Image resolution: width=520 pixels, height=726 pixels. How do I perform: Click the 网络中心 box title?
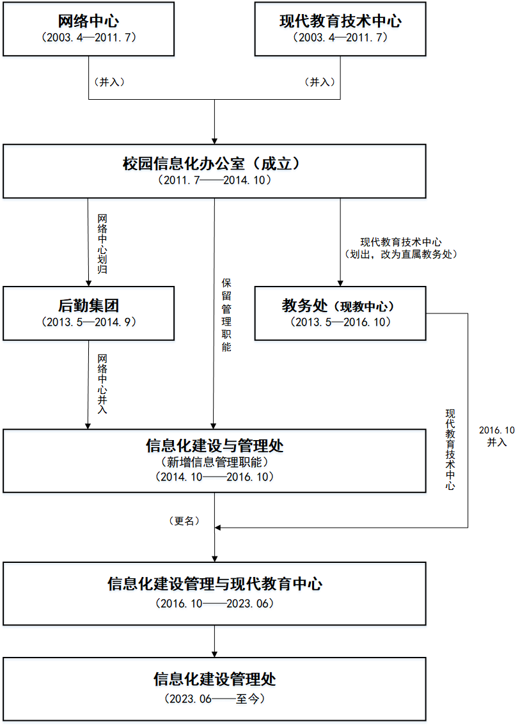(88, 20)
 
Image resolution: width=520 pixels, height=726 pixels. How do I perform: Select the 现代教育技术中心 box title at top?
(340, 20)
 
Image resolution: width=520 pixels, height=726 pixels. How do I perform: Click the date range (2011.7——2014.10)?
(214, 180)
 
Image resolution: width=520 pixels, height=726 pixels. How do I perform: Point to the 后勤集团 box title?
(88, 306)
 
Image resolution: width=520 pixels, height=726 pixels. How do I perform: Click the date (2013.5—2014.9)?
(88, 322)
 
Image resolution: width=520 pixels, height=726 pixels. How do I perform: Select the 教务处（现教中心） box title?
(339, 306)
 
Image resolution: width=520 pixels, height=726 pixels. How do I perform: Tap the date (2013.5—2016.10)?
(340, 322)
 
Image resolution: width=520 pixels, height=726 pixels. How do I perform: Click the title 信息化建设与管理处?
(214, 445)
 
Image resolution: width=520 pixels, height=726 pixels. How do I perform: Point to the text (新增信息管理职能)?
(214, 461)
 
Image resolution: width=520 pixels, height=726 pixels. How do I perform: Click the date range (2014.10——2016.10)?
(214, 477)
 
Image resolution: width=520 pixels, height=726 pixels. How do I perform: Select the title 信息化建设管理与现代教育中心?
(214, 583)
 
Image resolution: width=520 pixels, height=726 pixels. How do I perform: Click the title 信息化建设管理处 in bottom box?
(214, 678)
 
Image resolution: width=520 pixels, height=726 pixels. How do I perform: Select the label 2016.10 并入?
(497, 436)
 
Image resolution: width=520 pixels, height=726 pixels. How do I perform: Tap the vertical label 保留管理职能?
(226, 315)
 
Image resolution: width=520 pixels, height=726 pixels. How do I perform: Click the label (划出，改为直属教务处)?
(400, 254)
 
